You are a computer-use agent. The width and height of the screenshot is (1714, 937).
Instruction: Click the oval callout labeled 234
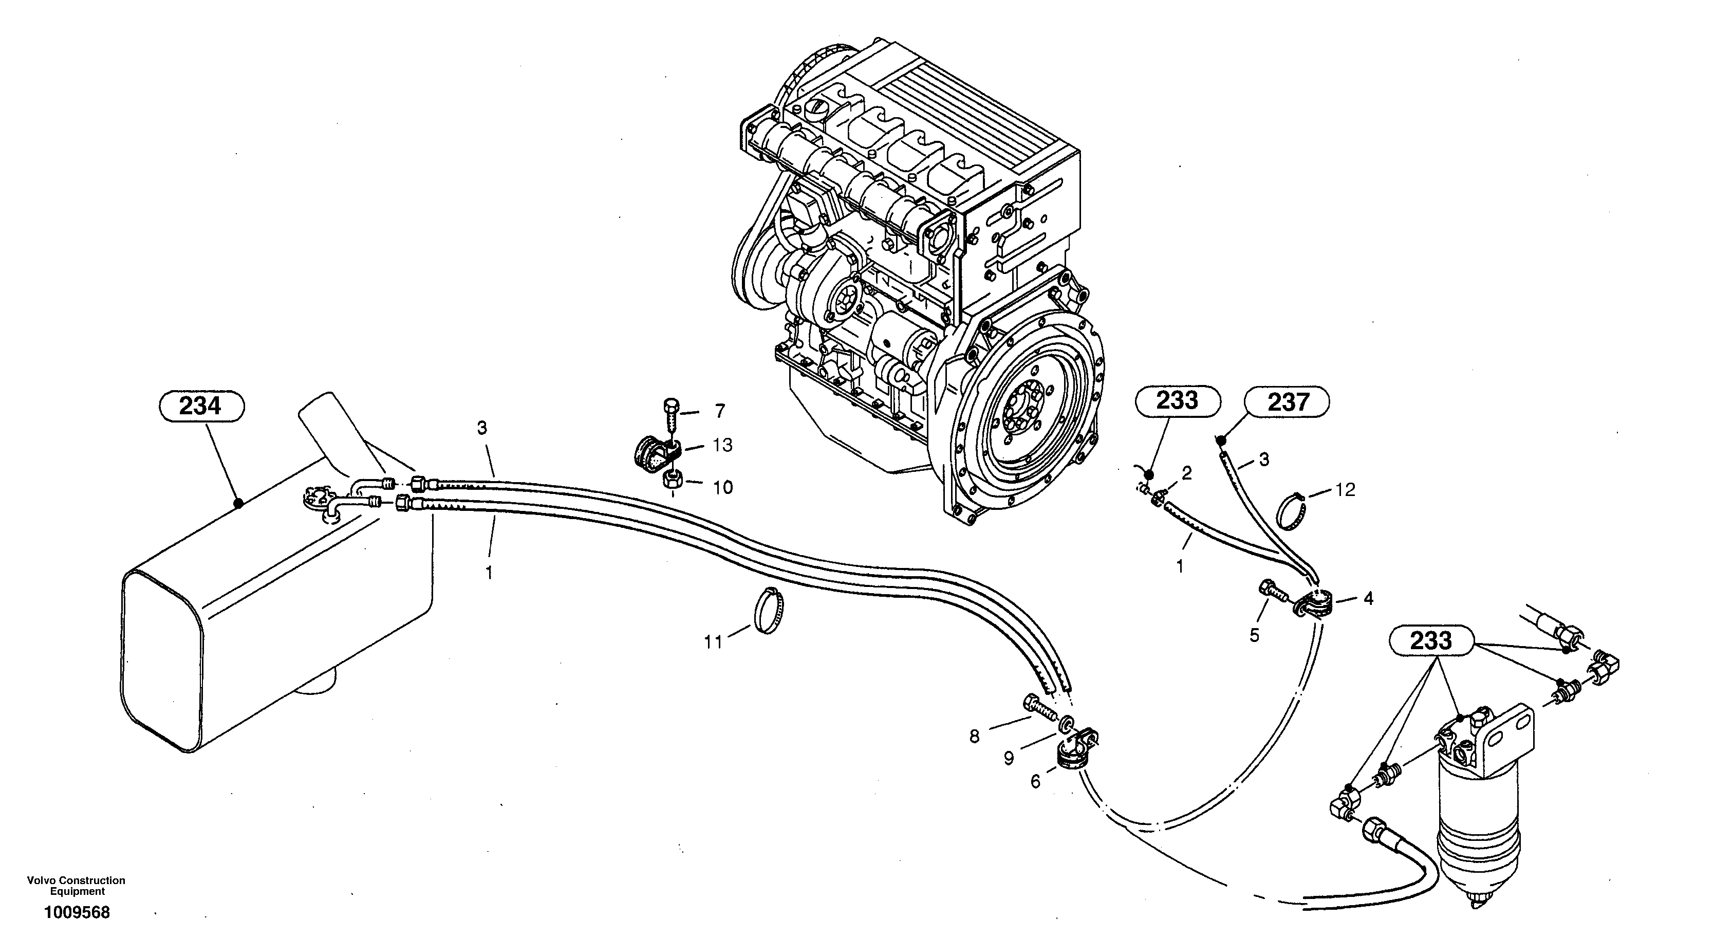(201, 405)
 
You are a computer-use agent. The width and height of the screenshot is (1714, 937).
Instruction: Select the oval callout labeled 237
(1288, 402)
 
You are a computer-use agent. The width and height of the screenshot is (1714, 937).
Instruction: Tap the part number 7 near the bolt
(720, 411)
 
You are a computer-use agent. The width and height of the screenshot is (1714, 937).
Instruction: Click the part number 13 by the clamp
(722, 445)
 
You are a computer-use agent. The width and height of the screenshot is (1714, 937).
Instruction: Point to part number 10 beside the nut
(722, 488)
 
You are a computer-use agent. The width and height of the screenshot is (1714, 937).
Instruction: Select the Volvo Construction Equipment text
(77, 886)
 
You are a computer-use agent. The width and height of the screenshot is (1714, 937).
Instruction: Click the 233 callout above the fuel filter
(1430, 641)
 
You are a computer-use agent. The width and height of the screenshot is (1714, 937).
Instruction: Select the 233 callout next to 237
(1177, 400)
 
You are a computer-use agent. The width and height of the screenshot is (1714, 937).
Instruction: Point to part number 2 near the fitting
(1186, 473)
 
